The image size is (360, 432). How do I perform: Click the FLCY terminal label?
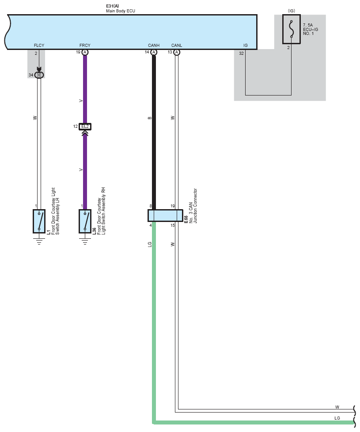39,45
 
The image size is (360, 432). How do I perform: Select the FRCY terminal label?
85,45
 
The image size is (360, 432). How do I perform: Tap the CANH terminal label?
154,45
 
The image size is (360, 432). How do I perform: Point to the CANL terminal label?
176,45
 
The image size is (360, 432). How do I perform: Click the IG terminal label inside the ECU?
245,45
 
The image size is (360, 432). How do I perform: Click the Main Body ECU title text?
121,11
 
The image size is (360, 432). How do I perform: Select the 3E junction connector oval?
39,75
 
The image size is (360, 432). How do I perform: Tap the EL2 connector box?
85,126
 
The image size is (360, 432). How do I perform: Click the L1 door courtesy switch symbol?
39,221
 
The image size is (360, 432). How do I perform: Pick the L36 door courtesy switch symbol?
85,221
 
